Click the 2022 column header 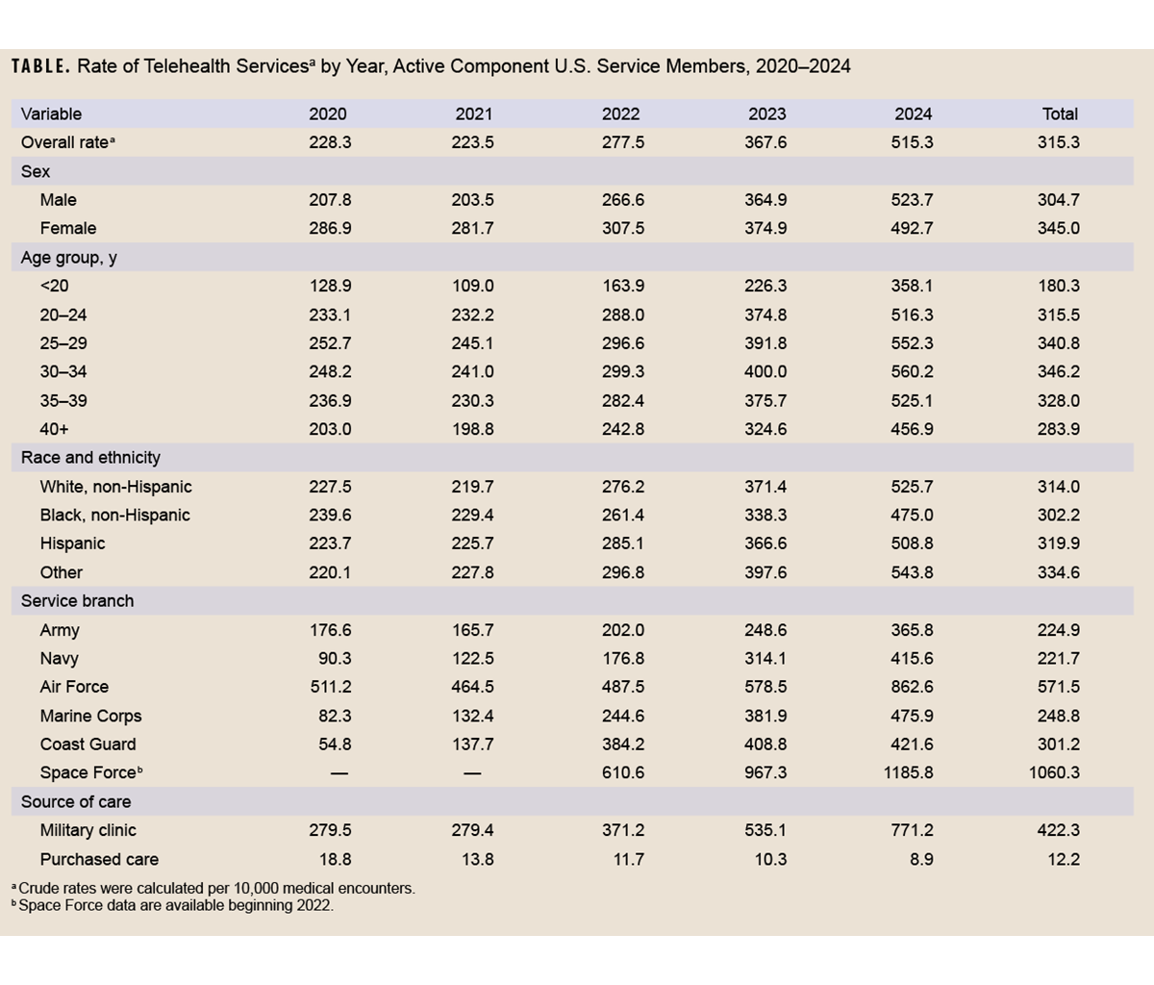coord(620,114)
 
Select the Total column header coord(1060,114)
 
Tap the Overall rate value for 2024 coord(912,142)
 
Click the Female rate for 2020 coord(329,228)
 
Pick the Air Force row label coord(74,687)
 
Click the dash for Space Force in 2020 coord(339,773)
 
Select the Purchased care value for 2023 coord(765,859)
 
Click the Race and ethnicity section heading coord(90,458)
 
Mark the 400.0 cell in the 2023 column coord(765,371)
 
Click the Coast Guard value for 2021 coord(473,745)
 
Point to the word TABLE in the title coord(39,67)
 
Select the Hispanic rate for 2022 coord(622,543)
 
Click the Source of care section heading coord(76,802)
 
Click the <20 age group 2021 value coord(473,286)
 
